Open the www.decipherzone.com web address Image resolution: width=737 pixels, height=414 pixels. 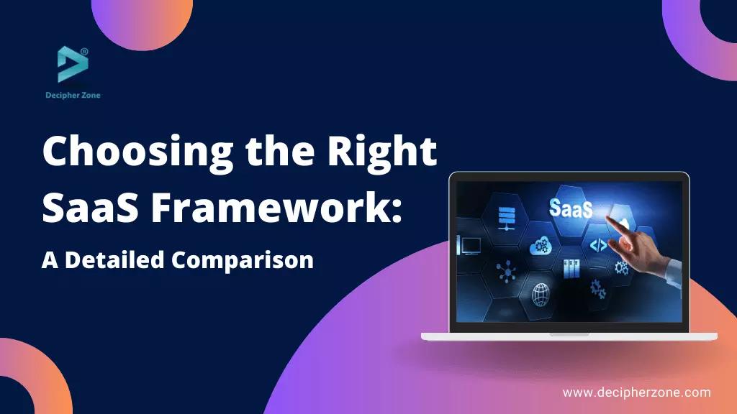point(636,392)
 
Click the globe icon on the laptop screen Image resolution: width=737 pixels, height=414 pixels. point(541,293)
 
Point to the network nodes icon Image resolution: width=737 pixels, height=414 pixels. point(507,271)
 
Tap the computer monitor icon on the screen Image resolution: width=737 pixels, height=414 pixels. point(471,246)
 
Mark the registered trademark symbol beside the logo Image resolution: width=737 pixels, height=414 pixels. point(85,52)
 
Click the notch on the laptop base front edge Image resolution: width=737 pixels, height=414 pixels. point(569,334)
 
